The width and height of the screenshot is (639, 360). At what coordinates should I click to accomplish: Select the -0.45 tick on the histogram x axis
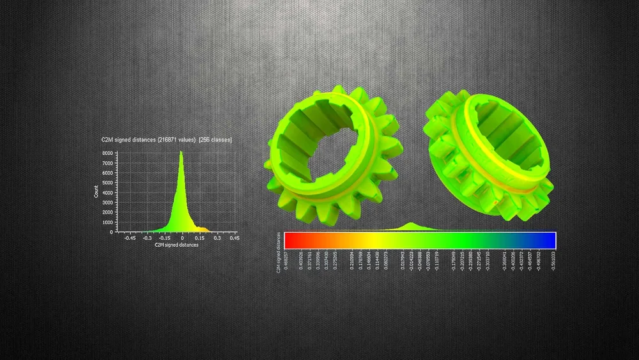(130, 238)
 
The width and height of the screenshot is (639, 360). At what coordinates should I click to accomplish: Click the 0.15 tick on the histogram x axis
(200, 238)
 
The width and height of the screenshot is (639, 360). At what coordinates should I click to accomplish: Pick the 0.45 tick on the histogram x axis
(235, 238)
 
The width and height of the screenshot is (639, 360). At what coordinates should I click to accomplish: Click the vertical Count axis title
(96, 191)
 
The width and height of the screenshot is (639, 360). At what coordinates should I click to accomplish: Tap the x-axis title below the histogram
(177, 244)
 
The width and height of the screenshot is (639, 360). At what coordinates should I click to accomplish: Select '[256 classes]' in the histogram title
(215, 139)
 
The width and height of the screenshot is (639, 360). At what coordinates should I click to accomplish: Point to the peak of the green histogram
(181, 153)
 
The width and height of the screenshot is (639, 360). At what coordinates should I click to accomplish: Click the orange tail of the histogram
(201, 228)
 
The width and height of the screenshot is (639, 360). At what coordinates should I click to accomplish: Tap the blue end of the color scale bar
(550, 240)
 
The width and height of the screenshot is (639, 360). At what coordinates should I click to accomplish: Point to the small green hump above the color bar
(411, 226)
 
